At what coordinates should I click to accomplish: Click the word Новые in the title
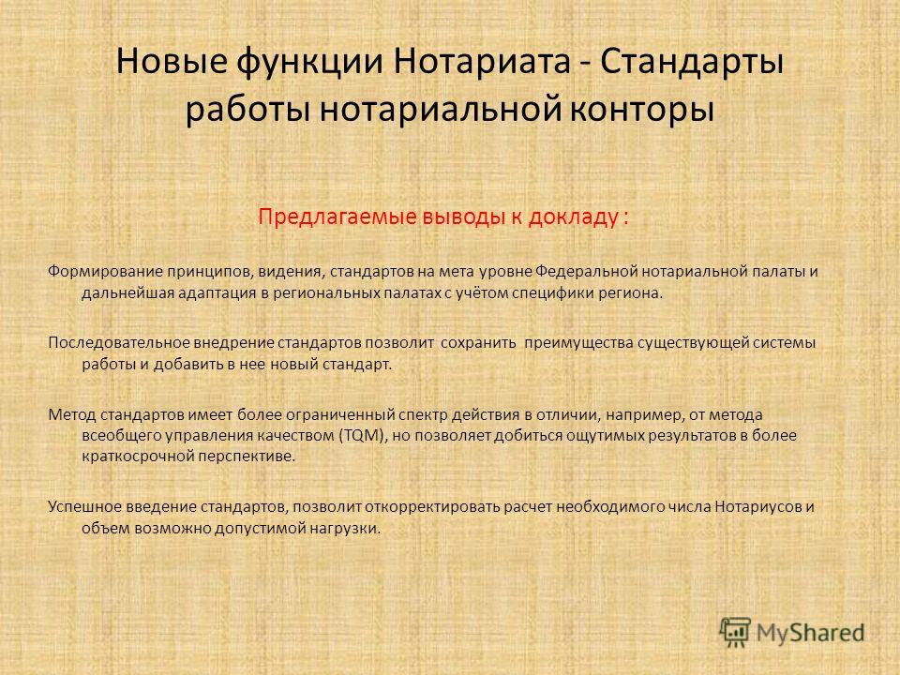pyautogui.click(x=172, y=62)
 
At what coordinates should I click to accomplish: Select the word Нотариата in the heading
pyautogui.click(x=482, y=62)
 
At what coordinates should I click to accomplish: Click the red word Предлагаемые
pyautogui.click(x=337, y=217)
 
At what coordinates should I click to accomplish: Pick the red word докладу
pyautogui.click(x=572, y=217)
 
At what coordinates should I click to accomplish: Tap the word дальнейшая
pyautogui.click(x=127, y=293)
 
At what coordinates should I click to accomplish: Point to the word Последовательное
pyautogui.click(x=118, y=343)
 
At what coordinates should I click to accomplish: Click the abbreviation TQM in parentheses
pyautogui.click(x=364, y=436)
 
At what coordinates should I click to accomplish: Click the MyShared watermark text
pyautogui.click(x=810, y=633)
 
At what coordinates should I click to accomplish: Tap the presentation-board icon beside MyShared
pyautogui.click(x=735, y=633)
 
